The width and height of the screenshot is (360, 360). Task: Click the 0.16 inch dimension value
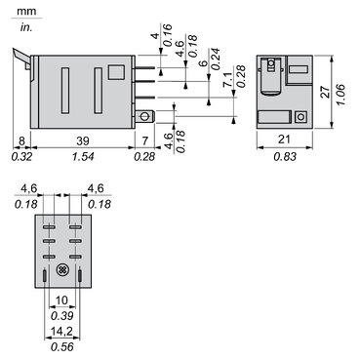click(x=167, y=41)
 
